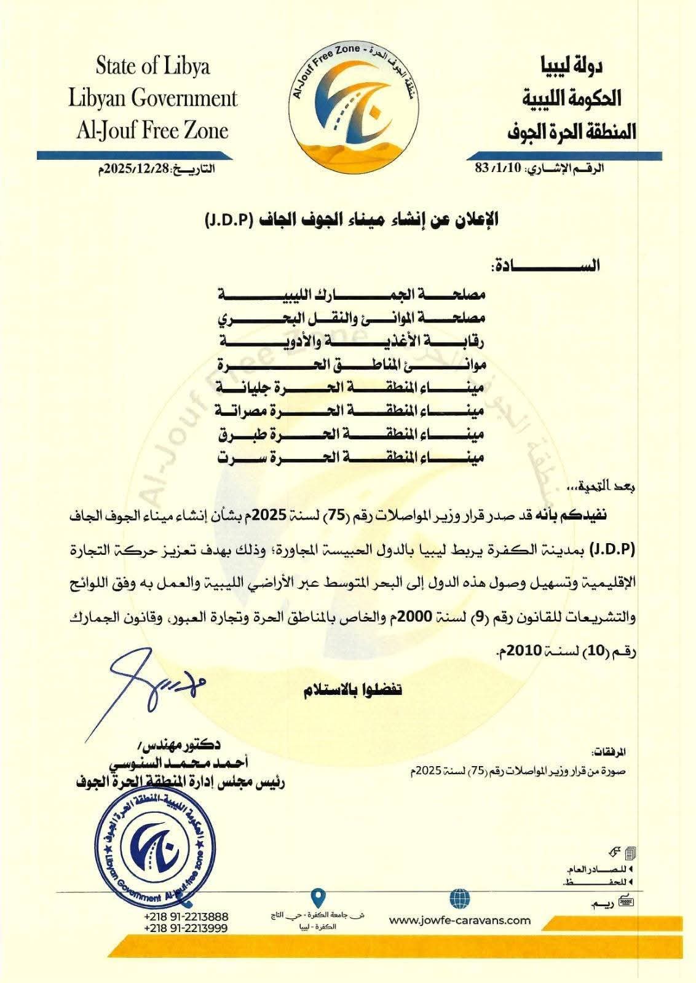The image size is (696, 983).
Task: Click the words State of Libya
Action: (x=152, y=66)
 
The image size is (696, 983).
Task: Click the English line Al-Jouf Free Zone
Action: (x=152, y=130)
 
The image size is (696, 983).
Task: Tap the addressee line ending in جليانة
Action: (x=352, y=388)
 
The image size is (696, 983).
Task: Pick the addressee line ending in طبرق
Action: (x=352, y=434)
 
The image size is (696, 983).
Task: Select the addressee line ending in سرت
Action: (x=352, y=457)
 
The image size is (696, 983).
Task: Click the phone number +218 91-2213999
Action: (x=186, y=928)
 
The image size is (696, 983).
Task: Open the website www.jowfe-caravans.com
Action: (x=460, y=920)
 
